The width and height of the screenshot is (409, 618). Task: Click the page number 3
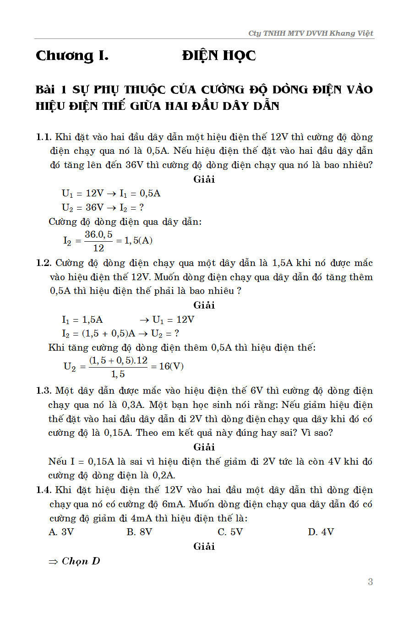click(x=370, y=582)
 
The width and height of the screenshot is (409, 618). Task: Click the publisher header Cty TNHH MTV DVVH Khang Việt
click(x=311, y=33)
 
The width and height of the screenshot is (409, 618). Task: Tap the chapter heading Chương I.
click(x=72, y=56)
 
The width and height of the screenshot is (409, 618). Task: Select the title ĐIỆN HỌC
click(x=218, y=56)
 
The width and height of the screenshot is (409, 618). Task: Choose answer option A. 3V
click(x=61, y=532)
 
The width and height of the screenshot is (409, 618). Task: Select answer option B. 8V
click(x=139, y=532)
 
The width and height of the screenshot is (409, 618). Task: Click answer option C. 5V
click(x=230, y=532)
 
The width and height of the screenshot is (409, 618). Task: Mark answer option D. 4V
click(x=321, y=532)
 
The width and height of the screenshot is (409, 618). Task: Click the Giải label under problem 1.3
click(x=204, y=447)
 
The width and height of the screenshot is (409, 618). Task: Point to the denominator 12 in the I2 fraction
click(x=98, y=248)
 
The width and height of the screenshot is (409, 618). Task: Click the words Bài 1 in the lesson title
click(x=51, y=90)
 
